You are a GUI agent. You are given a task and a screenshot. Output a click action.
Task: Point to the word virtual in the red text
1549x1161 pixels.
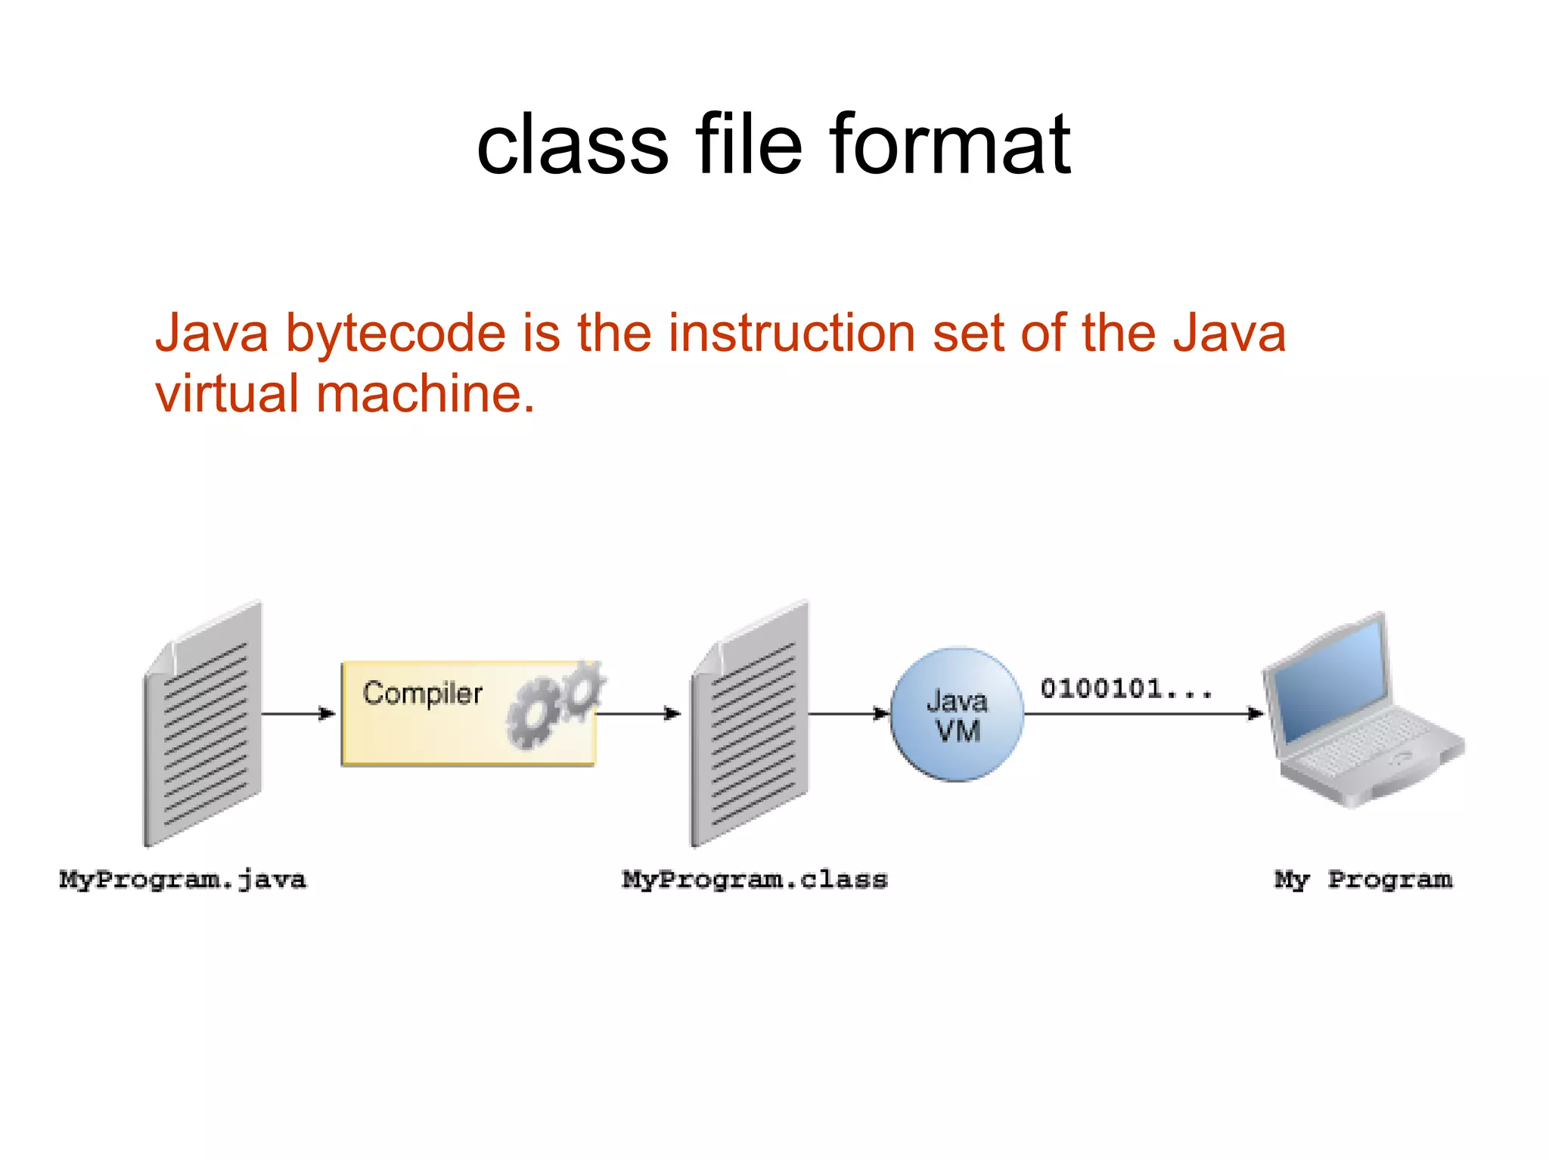pyautogui.click(x=227, y=394)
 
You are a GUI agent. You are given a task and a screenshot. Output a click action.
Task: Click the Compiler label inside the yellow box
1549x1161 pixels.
pyautogui.click(x=422, y=694)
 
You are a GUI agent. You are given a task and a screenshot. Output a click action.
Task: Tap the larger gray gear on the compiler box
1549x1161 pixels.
pyautogui.click(x=532, y=713)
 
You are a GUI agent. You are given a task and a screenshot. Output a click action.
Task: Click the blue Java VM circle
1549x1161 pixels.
pyautogui.click(x=957, y=714)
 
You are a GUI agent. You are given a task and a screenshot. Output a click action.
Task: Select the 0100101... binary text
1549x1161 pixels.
pyautogui.click(x=1125, y=689)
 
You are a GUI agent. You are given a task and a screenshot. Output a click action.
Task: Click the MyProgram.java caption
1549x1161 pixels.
pyautogui.click(x=183, y=880)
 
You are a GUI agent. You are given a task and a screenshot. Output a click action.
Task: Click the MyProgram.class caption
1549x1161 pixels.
pyautogui.click(x=754, y=880)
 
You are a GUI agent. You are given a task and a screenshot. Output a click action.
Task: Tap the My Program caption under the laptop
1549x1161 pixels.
pyautogui.click(x=1363, y=880)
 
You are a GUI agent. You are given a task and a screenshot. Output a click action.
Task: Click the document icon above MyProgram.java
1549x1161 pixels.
pyautogui.click(x=203, y=725)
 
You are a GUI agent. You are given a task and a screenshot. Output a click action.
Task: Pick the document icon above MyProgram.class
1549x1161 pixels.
pyautogui.click(x=750, y=725)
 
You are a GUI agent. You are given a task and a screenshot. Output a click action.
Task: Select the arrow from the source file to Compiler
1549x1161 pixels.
pyautogui.click(x=298, y=713)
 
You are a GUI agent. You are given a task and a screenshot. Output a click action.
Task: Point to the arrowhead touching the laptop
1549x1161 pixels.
pyautogui.click(x=1254, y=713)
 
